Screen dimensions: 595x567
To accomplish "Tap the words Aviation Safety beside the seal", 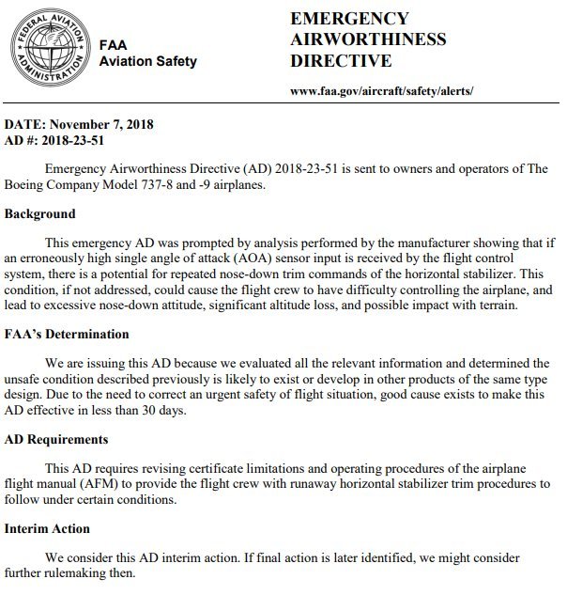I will (x=147, y=62).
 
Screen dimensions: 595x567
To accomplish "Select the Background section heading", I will (x=40, y=214).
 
